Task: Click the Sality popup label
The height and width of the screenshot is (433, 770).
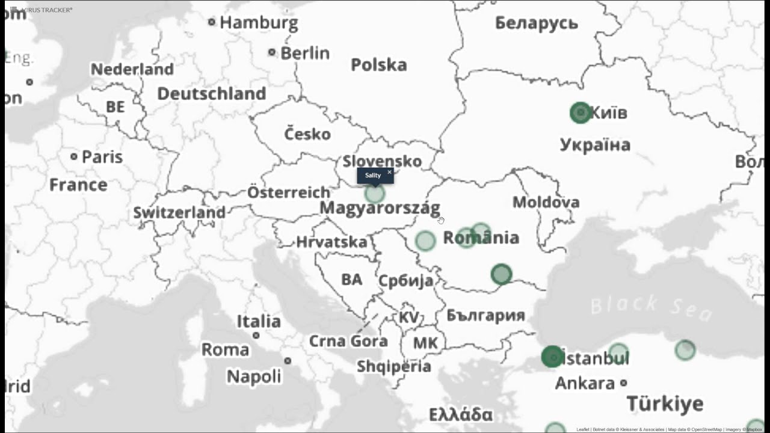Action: (x=373, y=175)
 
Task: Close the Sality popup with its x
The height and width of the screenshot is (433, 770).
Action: (x=389, y=172)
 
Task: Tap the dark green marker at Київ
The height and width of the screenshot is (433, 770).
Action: (x=581, y=112)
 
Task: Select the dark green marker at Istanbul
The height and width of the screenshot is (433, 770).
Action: (x=552, y=357)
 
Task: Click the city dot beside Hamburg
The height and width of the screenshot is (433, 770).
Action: (x=212, y=22)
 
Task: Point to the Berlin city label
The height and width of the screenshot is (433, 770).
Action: (x=305, y=53)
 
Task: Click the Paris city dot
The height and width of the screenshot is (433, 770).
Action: (x=74, y=156)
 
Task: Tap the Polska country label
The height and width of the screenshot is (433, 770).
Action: (x=379, y=64)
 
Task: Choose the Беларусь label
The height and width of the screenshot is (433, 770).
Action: (x=537, y=23)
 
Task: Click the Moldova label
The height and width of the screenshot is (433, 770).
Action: (x=546, y=202)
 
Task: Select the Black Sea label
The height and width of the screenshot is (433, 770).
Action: (x=651, y=306)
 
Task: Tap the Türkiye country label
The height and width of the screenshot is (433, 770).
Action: (x=665, y=404)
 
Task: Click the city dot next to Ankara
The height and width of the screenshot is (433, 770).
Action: (x=624, y=382)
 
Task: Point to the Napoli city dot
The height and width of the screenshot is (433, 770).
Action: (x=288, y=361)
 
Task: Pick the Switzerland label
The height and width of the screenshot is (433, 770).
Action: (x=179, y=212)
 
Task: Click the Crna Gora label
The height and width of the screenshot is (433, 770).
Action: (x=348, y=341)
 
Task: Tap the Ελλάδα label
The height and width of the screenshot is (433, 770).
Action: (x=461, y=414)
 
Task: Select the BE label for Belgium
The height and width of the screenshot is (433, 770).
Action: (x=115, y=106)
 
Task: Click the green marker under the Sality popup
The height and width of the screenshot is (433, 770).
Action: (x=374, y=194)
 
